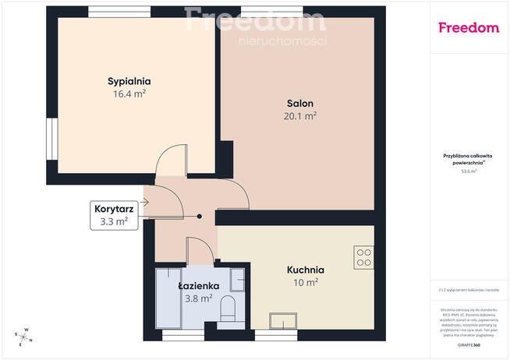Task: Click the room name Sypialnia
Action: pos(129,80)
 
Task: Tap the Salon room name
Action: pos(300,103)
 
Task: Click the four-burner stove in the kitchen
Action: pos(364,257)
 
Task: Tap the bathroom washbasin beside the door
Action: pos(239,279)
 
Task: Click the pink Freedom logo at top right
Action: pos(468,27)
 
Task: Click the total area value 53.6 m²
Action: pos(469,171)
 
